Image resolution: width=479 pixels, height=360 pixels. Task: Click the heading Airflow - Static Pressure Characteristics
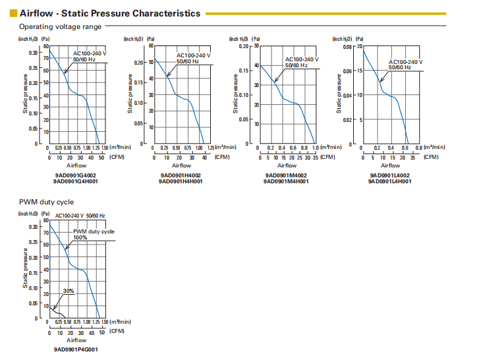110,13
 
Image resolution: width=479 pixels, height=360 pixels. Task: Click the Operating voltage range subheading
61,26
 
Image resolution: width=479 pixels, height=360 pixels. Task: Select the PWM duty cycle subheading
45,202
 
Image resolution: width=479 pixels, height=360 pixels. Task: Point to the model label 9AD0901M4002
286,175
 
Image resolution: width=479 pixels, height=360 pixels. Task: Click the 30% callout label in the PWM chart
69,291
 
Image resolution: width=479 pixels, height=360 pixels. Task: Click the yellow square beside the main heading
13,13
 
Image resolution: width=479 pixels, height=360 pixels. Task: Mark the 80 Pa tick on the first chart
46,46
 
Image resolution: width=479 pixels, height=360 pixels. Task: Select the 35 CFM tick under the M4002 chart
315,157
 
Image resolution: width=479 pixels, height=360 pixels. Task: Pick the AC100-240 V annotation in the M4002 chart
302,59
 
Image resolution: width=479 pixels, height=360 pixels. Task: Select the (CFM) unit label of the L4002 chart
430,157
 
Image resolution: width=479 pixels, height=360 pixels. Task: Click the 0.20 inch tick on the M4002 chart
243,46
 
